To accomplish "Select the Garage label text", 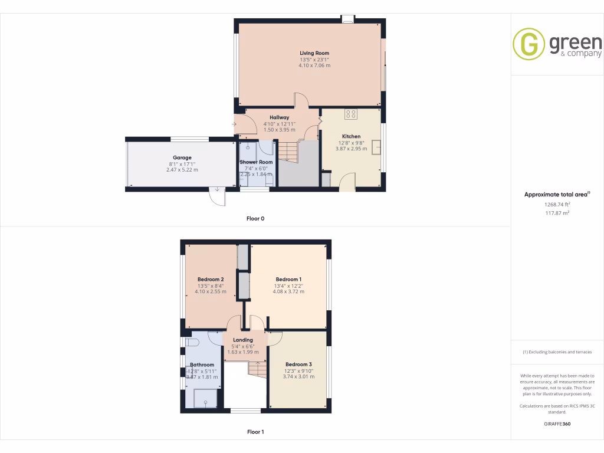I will [x=182, y=157].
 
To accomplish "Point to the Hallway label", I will [x=280, y=117].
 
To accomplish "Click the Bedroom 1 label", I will [x=288, y=279].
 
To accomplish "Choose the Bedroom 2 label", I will [x=210, y=279].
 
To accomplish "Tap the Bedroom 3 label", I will [x=298, y=364].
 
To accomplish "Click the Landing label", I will [x=243, y=340].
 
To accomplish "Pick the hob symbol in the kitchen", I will [x=352, y=114].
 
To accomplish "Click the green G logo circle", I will [x=528, y=44].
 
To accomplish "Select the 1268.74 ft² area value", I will [x=557, y=204].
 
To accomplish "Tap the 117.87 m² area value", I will [x=557, y=213].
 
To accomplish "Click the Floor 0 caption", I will [x=255, y=218].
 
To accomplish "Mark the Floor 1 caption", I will [x=255, y=432].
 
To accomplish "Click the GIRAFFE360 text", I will [x=557, y=424].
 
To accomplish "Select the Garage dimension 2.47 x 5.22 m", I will [x=182, y=170].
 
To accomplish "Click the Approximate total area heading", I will [x=557, y=194].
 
